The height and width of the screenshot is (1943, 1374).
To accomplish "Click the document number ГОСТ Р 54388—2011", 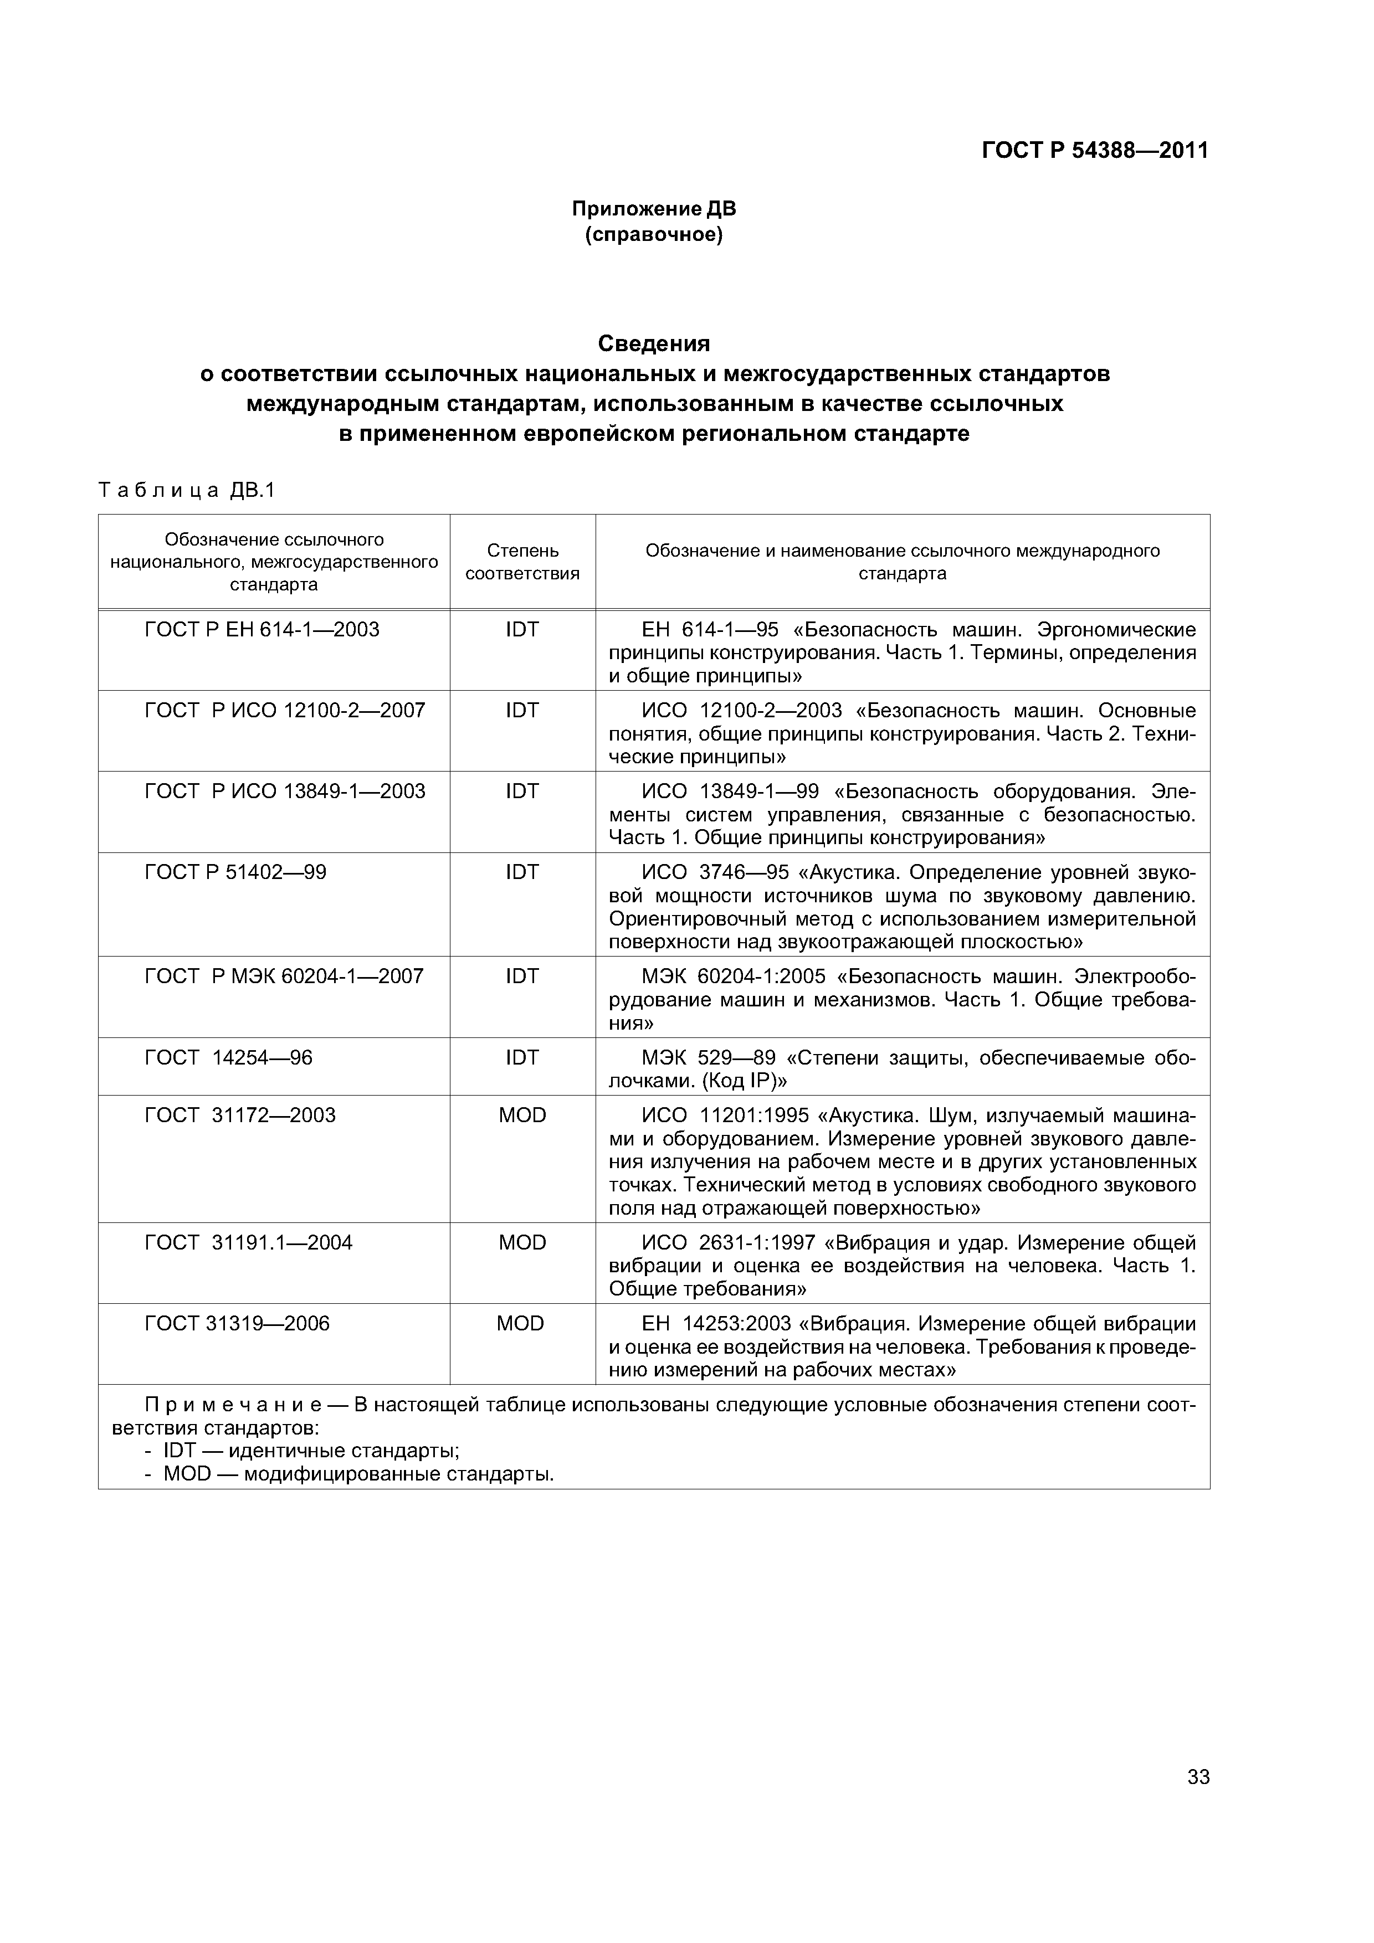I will pos(1095,151).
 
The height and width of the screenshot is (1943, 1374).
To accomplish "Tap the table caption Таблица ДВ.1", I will pos(187,491).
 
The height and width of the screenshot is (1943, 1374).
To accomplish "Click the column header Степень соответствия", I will pos(522,562).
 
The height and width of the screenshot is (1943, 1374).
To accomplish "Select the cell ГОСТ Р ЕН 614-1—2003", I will pos(263,630).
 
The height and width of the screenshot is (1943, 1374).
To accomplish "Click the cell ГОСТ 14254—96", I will pos(229,1058).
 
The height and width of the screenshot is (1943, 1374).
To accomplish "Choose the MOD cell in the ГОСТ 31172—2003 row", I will pos(522,1116).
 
